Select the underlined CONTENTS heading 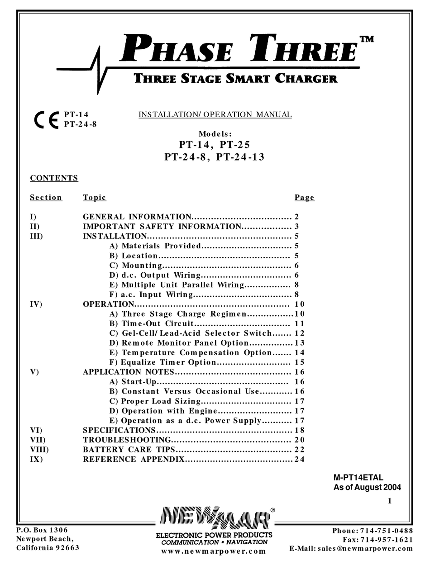[x=54, y=178]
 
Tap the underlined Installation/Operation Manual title [x=215, y=114]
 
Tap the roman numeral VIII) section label [x=39, y=450]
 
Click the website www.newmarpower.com [x=214, y=551]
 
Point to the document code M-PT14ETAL [x=358, y=478]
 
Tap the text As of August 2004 [x=367, y=488]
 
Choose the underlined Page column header [x=304, y=198]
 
